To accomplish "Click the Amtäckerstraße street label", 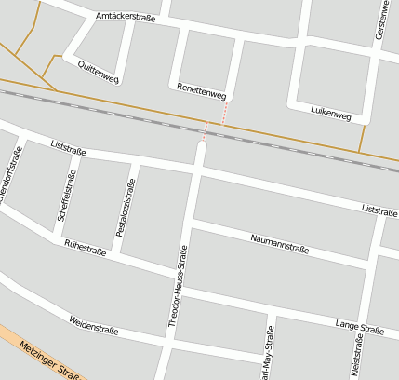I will click(125, 18).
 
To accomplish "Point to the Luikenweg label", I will click(331, 115).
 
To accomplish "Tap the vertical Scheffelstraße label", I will click(65, 196).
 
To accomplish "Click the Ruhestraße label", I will click(84, 247).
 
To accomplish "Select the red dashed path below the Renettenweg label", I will click(223, 113).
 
